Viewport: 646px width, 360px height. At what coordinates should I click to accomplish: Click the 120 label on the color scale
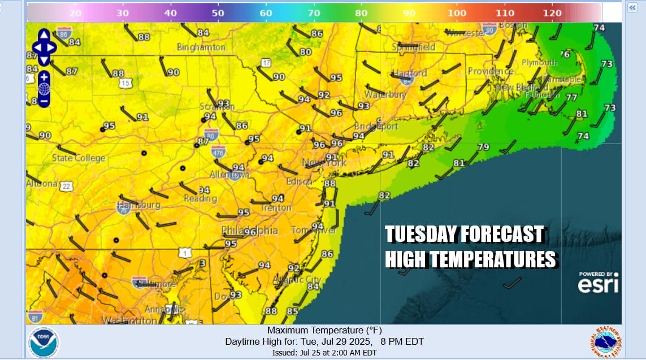click(551, 13)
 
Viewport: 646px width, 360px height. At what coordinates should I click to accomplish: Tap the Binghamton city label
click(201, 47)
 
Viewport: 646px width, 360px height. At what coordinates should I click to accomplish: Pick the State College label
click(79, 158)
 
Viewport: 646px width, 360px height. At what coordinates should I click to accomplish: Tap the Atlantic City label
click(297, 280)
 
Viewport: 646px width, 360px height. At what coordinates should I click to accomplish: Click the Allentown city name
click(229, 175)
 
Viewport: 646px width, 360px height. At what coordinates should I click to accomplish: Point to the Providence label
click(490, 72)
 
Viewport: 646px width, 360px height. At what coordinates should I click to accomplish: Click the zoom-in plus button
click(44, 76)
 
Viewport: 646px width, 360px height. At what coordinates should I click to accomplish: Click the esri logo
click(598, 284)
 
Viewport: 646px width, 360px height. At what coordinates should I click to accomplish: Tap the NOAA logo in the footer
click(44, 342)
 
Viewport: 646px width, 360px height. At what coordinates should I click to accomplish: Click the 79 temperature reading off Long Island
click(483, 148)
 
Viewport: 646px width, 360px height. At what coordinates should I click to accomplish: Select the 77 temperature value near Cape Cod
click(571, 98)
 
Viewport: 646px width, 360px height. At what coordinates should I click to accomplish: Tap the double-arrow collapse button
click(632, 7)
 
